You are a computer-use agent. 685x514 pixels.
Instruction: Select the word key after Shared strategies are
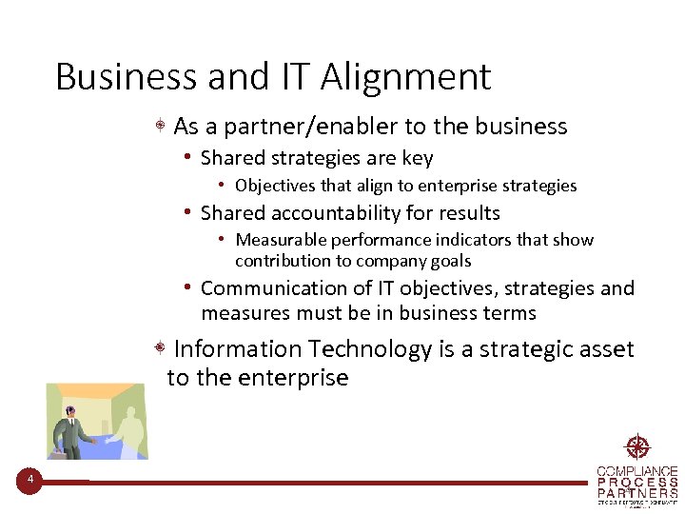(418, 158)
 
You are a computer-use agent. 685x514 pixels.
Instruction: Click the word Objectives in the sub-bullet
(277, 186)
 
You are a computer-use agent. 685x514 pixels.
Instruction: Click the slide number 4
(29, 480)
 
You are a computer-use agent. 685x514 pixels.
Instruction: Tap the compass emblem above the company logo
(636, 447)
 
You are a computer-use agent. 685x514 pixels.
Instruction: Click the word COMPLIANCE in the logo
(637, 471)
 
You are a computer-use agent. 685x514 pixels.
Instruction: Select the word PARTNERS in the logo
(637, 493)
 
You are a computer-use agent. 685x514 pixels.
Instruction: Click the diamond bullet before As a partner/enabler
(163, 127)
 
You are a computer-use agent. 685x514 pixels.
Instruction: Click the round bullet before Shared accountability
(190, 212)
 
